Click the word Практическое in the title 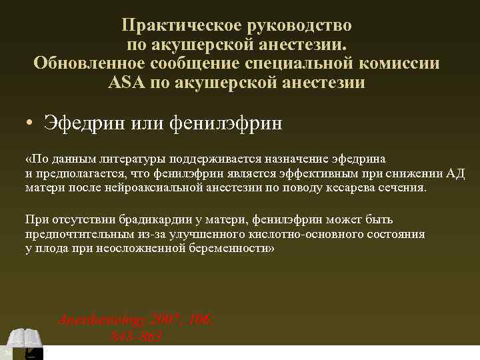point(172,26)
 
